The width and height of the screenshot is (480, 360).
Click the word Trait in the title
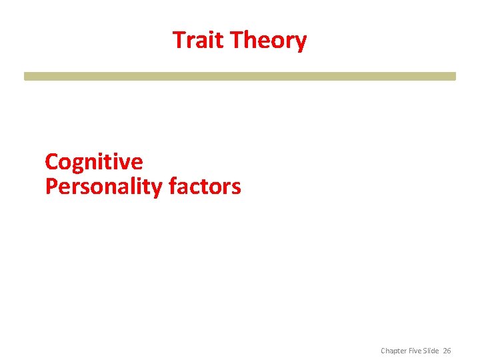(198, 40)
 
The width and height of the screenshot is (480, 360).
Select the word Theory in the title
(268, 41)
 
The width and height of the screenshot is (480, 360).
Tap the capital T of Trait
(179, 40)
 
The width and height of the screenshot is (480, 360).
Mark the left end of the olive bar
(26, 76)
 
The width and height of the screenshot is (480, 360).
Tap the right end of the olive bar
(454, 76)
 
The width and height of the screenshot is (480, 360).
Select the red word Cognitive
(93, 162)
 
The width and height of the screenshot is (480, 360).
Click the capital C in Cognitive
(51, 162)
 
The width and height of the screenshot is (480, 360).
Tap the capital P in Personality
(51, 187)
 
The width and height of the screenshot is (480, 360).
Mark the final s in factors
(236, 189)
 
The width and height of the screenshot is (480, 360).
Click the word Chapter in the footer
(393, 351)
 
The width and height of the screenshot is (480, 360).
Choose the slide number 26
(447, 351)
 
